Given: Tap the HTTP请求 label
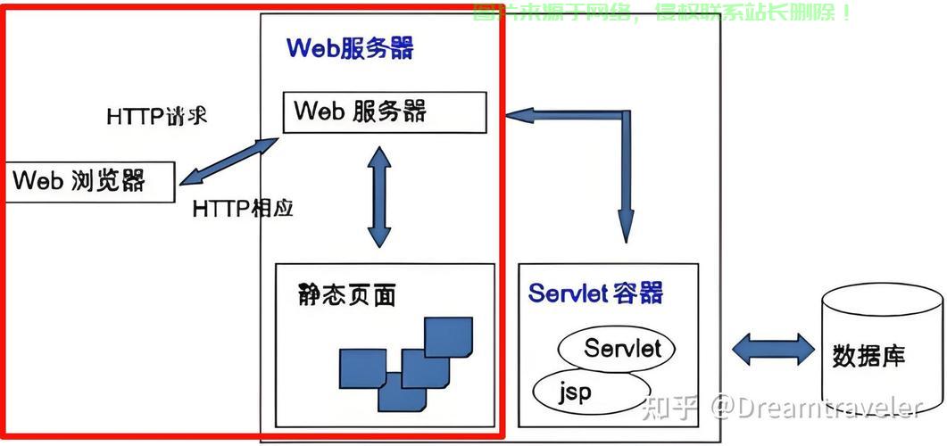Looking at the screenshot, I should [x=156, y=117].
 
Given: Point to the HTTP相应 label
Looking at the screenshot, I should [x=243, y=209].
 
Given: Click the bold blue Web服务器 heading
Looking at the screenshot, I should [x=350, y=48].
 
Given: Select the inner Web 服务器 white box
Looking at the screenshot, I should [x=384, y=111].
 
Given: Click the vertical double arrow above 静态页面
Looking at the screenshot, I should [x=379, y=196].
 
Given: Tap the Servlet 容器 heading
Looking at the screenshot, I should [x=595, y=293].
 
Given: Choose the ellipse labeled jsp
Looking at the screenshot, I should [x=589, y=391].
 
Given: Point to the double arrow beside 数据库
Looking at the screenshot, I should [x=772, y=349].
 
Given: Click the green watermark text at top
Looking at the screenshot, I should [x=661, y=12].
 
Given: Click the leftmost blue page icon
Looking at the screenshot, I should [x=361, y=368].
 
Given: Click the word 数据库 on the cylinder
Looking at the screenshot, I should [x=868, y=356].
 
